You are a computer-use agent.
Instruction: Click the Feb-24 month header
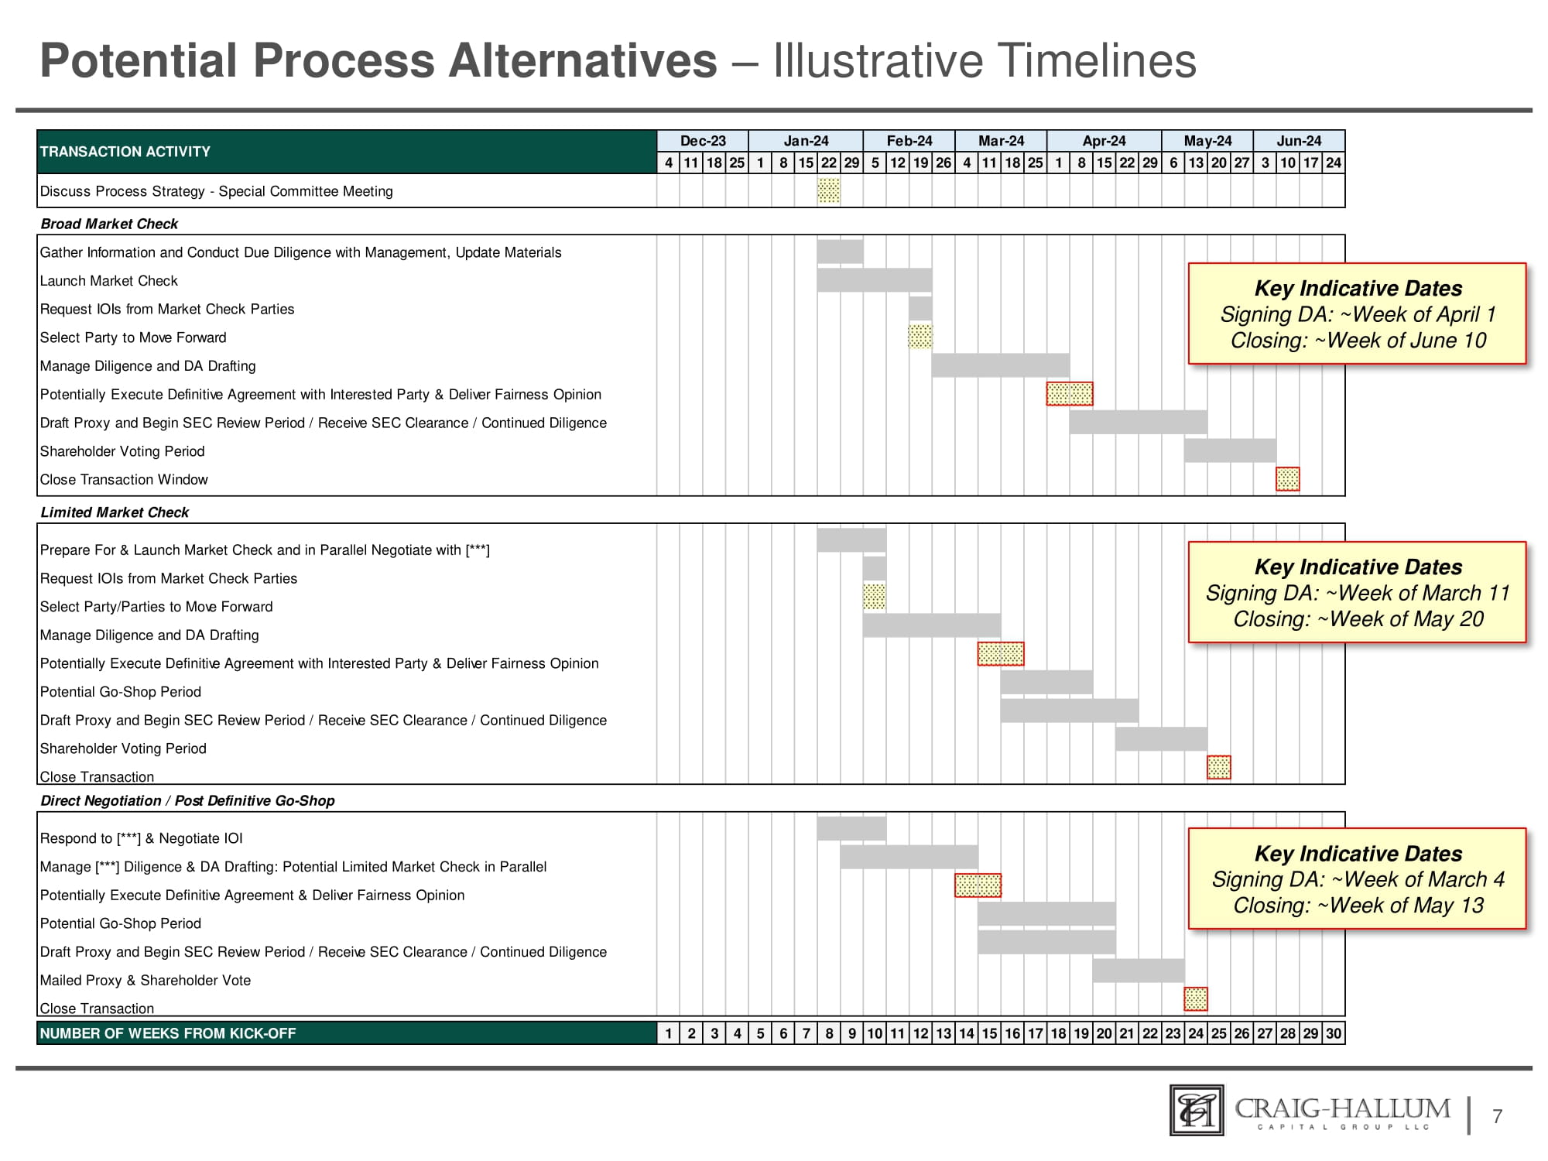tap(909, 141)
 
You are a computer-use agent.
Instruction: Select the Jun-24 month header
tap(1299, 141)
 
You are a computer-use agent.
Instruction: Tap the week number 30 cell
tap(1333, 1033)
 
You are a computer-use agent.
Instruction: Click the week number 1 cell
tap(668, 1033)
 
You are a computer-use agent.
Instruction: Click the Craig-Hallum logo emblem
tap(1197, 1110)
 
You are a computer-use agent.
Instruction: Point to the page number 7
tap(1498, 1116)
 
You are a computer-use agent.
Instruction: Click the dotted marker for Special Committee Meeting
tap(828, 190)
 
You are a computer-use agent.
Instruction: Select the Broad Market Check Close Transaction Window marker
tap(1287, 479)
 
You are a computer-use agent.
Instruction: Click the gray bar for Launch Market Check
tap(874, 279)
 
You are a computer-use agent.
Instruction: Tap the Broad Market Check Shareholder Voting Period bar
tap(1230, 450)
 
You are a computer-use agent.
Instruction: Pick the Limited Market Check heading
tap(115, 512)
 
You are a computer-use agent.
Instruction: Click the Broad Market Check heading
tap(109, 224)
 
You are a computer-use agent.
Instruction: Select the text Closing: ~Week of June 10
tap(1358, 341)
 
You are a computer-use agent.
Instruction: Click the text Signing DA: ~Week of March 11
tap(1358, 593)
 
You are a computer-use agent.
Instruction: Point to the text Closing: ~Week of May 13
tap(1358, 906)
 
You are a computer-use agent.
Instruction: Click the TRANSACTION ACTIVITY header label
tap(125, 152)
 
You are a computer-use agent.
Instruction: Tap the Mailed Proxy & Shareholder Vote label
tap(146, 980)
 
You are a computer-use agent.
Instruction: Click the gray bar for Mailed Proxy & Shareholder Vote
tap(1139, 970)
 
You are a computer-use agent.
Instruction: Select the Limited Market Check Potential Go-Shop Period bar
tap(1046, 682)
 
